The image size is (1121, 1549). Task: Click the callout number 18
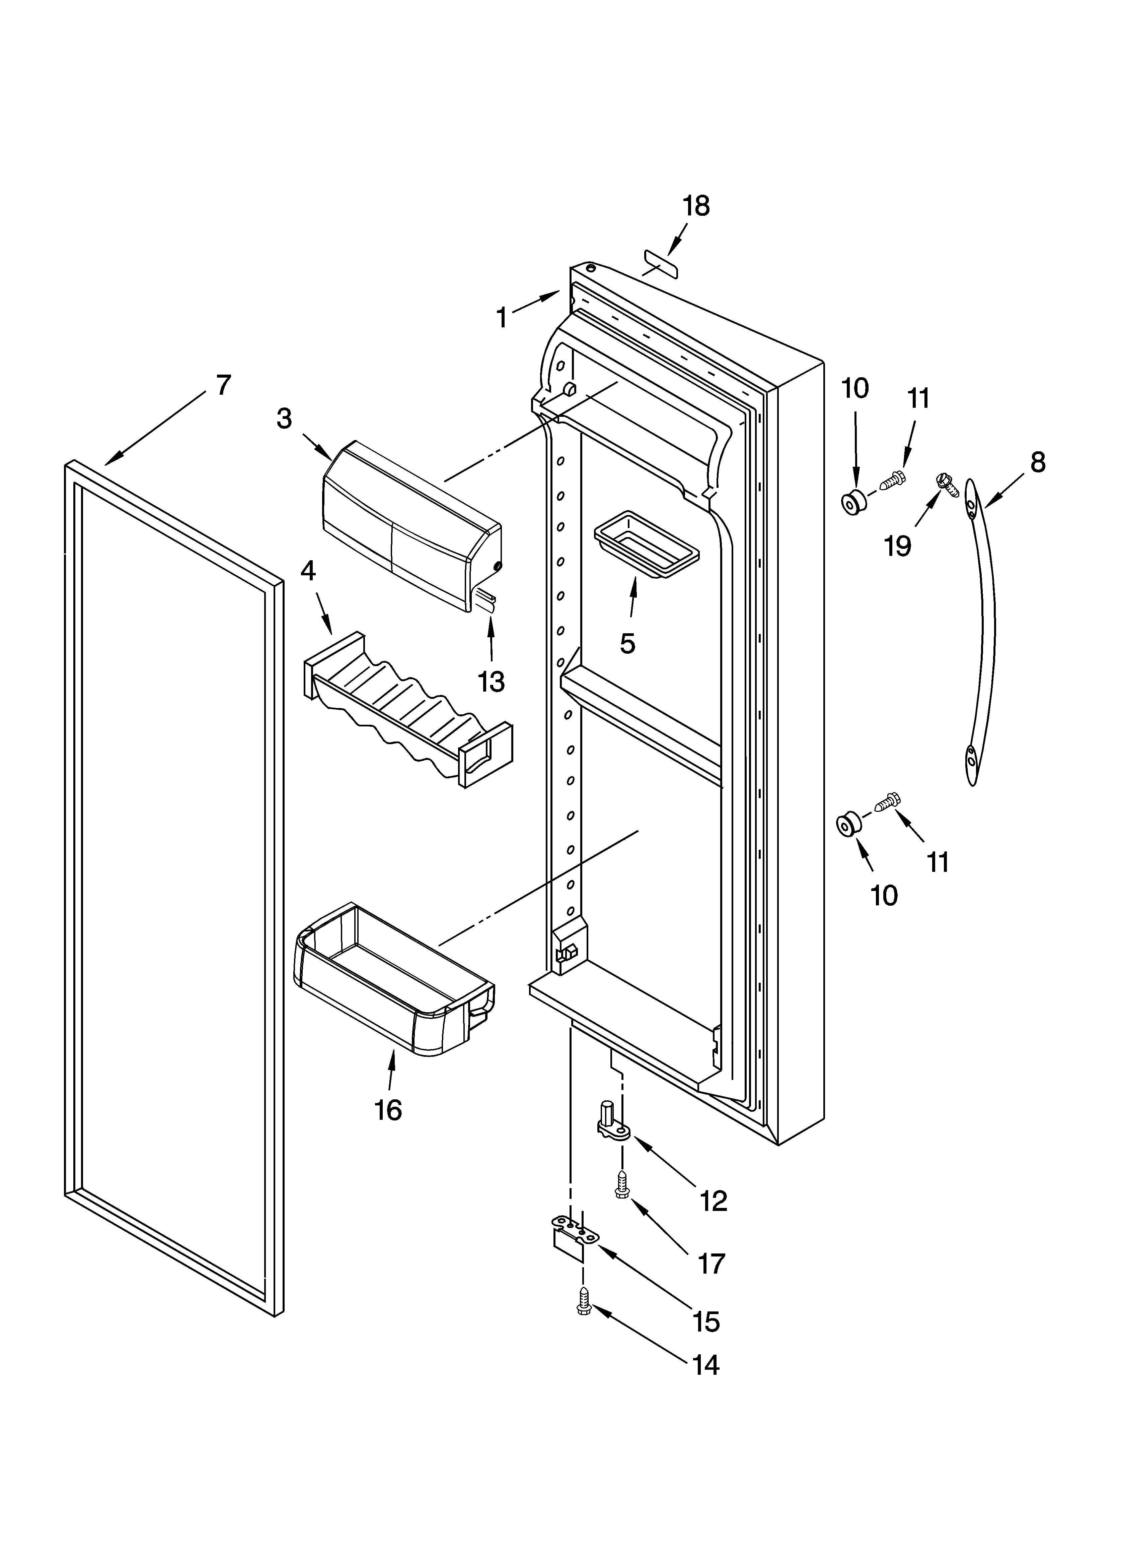[696, 206]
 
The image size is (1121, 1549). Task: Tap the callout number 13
[491, 681]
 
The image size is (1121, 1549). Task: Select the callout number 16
[388, 1110]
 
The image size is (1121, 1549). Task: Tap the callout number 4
[308, 570]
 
